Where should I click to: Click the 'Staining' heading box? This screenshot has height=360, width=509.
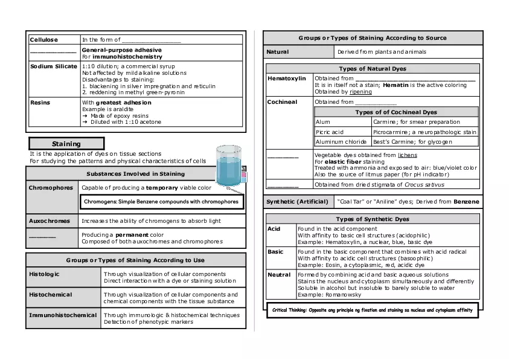pyautogui.click(x=66, y=144)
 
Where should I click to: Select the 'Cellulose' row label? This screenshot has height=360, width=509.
pyautogui.click(x=44, y=40)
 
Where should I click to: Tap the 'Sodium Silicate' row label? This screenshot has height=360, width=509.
pyautogui.click(x=54, y=66)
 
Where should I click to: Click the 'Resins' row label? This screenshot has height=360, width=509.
pyautogui.click(x=40, y=103)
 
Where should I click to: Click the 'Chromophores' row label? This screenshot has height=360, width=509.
pyautogui.click(x=51, y=188)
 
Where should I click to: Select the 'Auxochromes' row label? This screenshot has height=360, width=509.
pyautogui.click(x=51, y=221)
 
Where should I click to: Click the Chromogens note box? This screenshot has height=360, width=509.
pyautogui.click(x=161, y=202)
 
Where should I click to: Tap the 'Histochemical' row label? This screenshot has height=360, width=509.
pyautogui.click(x=50, y=295)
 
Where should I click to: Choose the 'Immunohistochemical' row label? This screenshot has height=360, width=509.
pyautogui.click(x=63, y=315)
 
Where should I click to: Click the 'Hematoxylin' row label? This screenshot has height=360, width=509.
pyautogui.click(x=286, y=79)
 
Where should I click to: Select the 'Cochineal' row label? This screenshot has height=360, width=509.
pyautogui.click(x=283, y=102)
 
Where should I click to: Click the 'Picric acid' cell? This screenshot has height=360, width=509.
pyautogui.click(x=330, y=132)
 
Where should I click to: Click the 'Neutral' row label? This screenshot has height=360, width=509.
pyautogui.click(x=280, y=275)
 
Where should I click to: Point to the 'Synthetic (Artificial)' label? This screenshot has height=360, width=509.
pyautogui.click(x=298, y=201)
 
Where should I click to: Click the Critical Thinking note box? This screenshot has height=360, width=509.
pyautogui.click(x=373, y=310)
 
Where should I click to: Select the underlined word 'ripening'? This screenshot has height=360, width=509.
pyautogui.click(x=360, y=92)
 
